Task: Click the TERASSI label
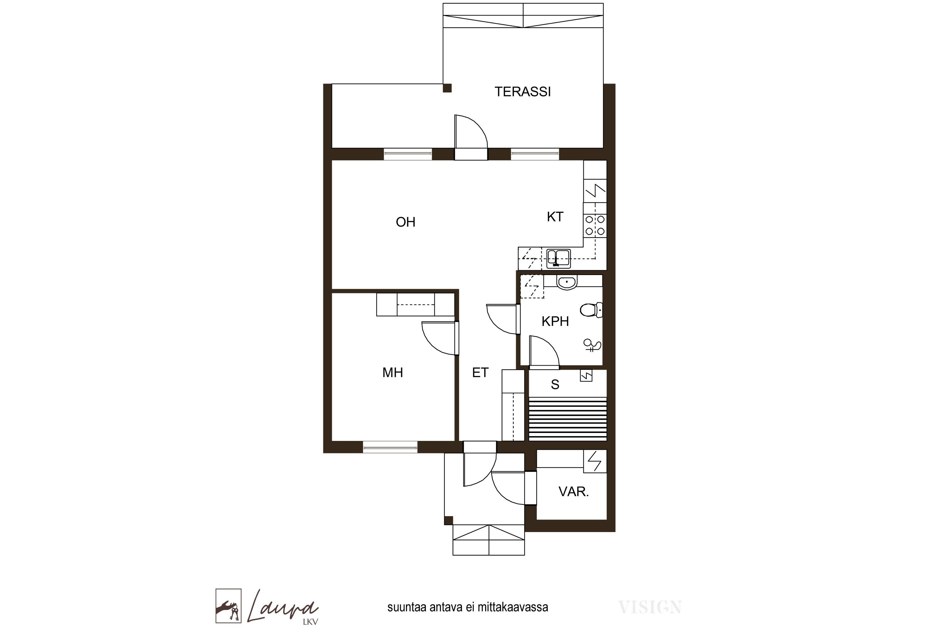click(x=523, y=92)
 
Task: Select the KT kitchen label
click(x=555, y=217)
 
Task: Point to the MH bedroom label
click(x=393, y=372)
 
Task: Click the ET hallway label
click(x=480, y=372)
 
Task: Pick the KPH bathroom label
click(x=555, y=321)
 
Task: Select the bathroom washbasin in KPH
click(x=567, y=282)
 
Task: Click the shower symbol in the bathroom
click(x=592, y=346)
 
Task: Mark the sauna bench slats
click(x=568, y=419)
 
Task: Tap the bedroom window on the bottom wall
click(x=390, y=447)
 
